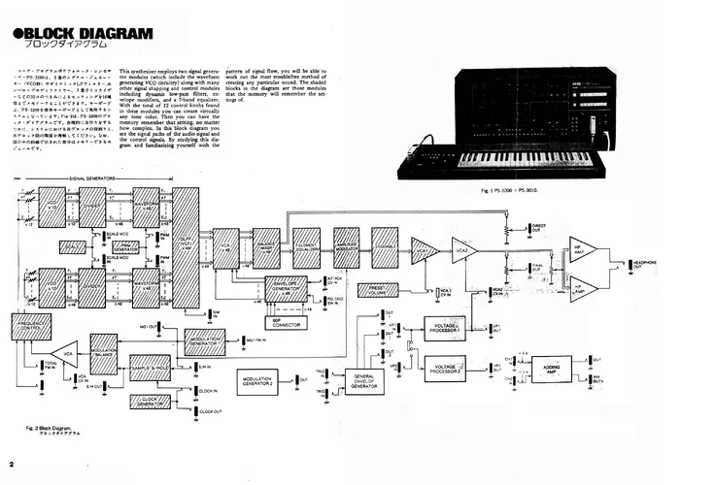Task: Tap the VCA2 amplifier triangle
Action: [463, 251]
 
